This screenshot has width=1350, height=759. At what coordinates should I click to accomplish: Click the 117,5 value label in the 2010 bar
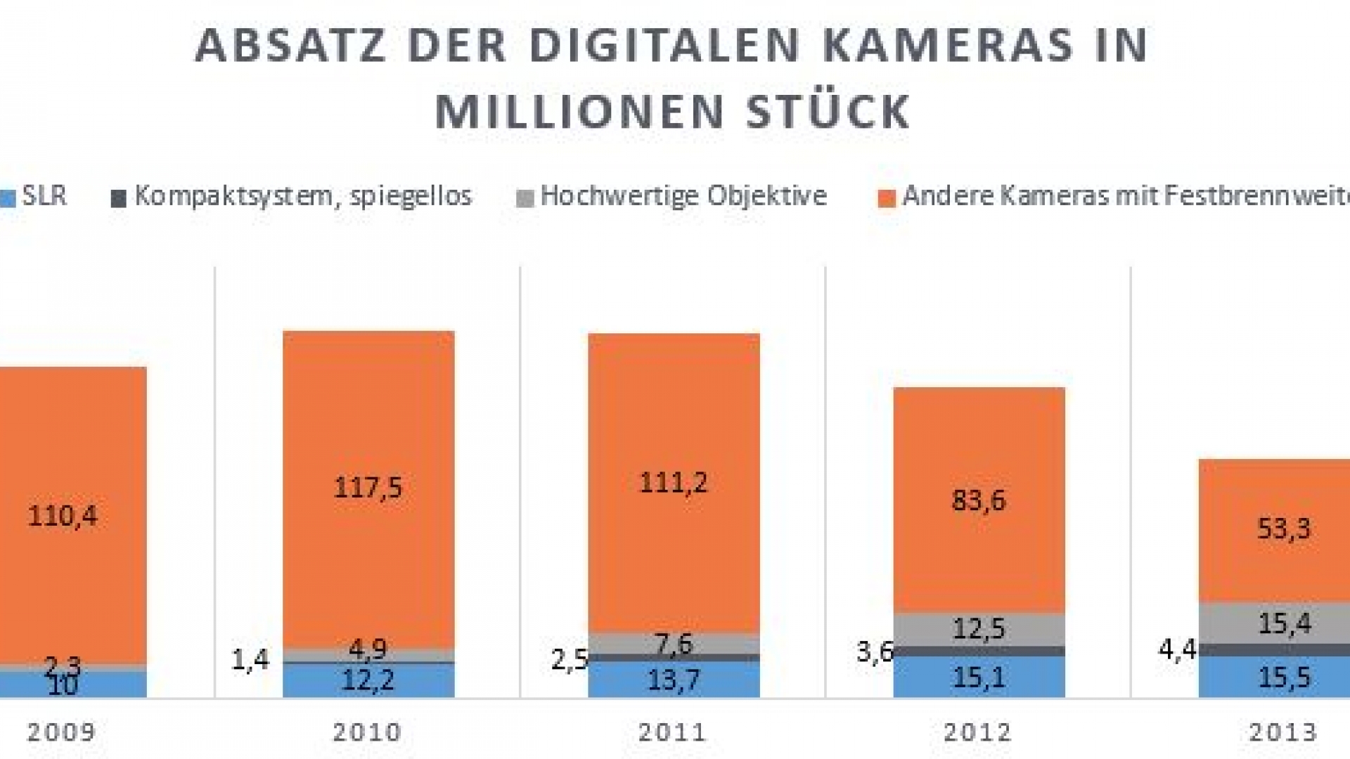point(368,487)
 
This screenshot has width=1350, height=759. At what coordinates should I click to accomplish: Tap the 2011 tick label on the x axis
point(673,733)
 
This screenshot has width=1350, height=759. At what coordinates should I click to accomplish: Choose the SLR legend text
point(44,196)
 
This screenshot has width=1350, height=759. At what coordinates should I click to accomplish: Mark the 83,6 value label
point(979,500)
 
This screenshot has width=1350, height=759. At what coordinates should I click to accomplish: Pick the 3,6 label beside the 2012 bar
point(874,652)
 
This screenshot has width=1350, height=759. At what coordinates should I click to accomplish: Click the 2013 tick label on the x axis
point(1283,733)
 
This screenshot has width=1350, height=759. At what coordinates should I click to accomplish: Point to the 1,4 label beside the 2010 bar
point(250,660)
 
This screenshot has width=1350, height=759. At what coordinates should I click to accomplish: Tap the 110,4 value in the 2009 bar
point(63,516)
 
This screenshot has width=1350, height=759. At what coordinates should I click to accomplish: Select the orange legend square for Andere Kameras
point(887,199)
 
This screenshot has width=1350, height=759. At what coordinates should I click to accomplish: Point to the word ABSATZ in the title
point(290,46)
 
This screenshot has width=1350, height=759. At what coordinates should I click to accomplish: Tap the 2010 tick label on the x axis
point(367,733)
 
